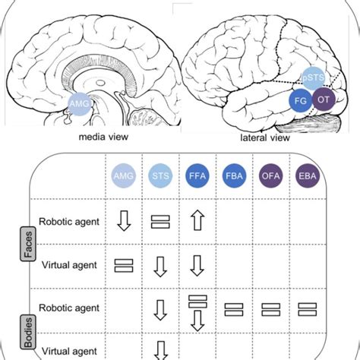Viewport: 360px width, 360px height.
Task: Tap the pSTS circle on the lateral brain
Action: (313, 79)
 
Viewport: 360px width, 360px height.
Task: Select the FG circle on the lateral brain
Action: (300, 100)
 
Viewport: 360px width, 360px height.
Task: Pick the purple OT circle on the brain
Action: (324, 99)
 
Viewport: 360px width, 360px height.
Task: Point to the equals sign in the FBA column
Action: (232, 309)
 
